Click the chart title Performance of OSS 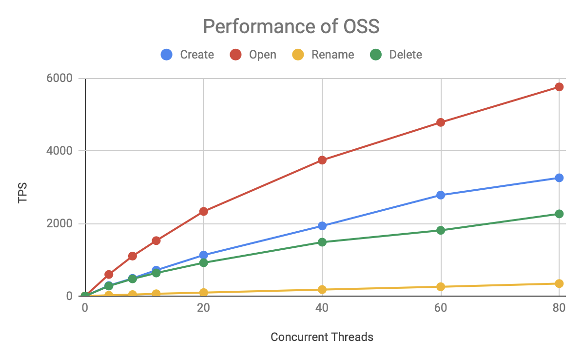tap(291, 27)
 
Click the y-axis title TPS tap(23, 193)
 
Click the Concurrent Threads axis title tap(322, 337)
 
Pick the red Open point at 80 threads tap(559, 87)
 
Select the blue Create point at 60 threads tap(441, 195)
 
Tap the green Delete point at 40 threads tap(322, 242)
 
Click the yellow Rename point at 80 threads tap(559, 283)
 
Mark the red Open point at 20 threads tap(203, 211)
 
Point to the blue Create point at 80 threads tap(559, 178)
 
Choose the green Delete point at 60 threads tap(441, 230)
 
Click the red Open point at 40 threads tap(322, 160)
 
